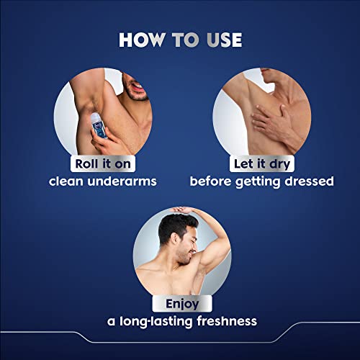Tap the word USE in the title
click(x=219, y=40)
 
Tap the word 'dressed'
click(x=306, y=181)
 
